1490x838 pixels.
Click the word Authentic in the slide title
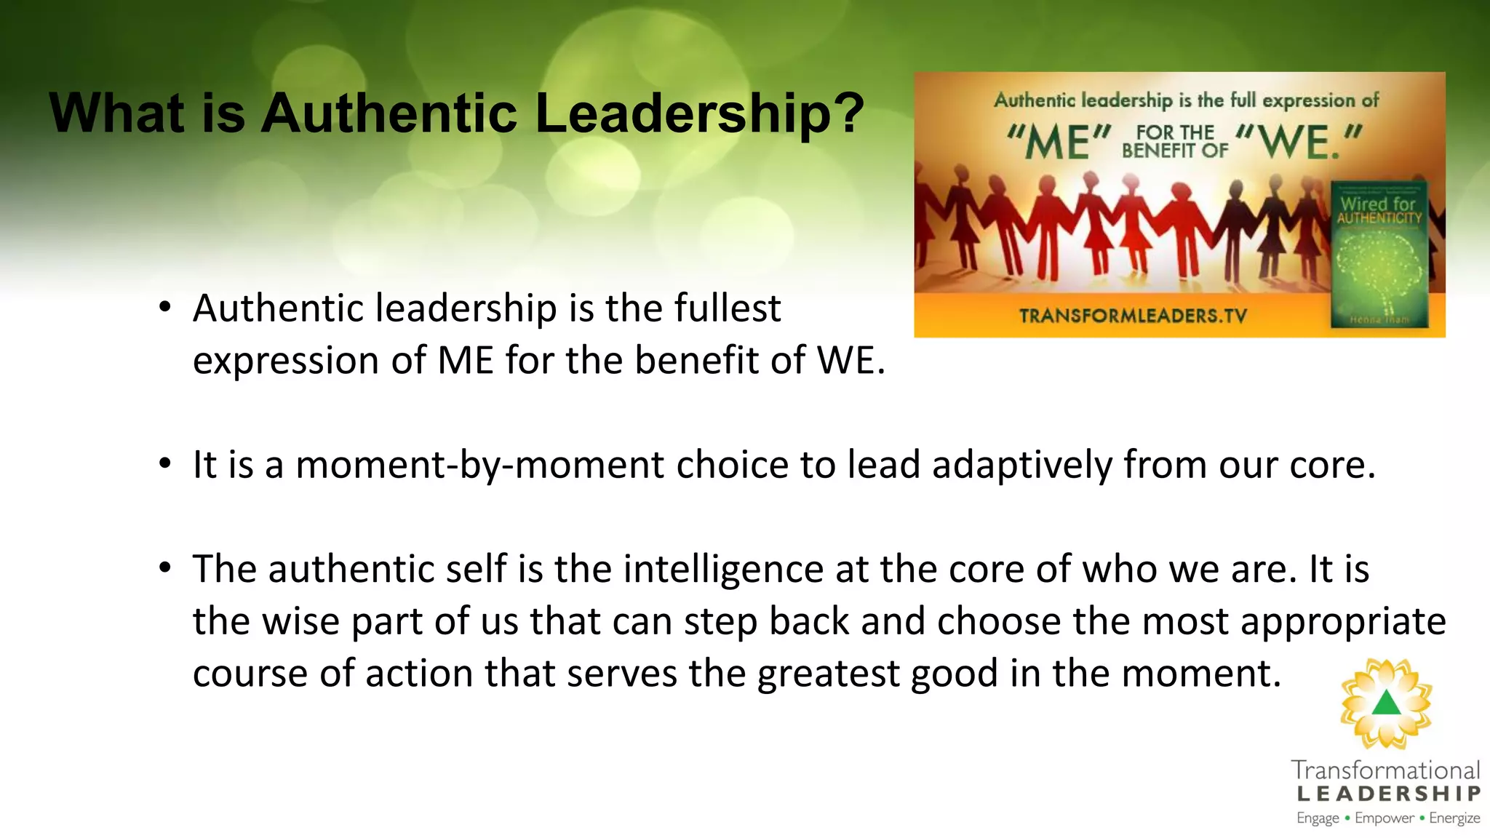point(389,113)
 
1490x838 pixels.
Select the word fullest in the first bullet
point(727,308)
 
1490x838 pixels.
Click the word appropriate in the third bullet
point(1342,621)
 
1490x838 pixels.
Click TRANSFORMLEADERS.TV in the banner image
point(1132,316)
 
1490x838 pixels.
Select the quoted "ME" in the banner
point(1059,142)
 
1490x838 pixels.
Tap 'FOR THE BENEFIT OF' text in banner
point(1174,142)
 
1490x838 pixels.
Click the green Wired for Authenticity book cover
point(1379,255)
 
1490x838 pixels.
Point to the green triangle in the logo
point(1386,703)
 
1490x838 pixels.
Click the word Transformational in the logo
point(1385,770)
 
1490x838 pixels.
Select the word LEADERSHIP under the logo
point(1388,794)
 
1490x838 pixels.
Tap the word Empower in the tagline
point(1384,818)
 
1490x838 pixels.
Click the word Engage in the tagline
point(1318,818)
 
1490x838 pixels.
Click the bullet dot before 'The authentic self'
point(165,567)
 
